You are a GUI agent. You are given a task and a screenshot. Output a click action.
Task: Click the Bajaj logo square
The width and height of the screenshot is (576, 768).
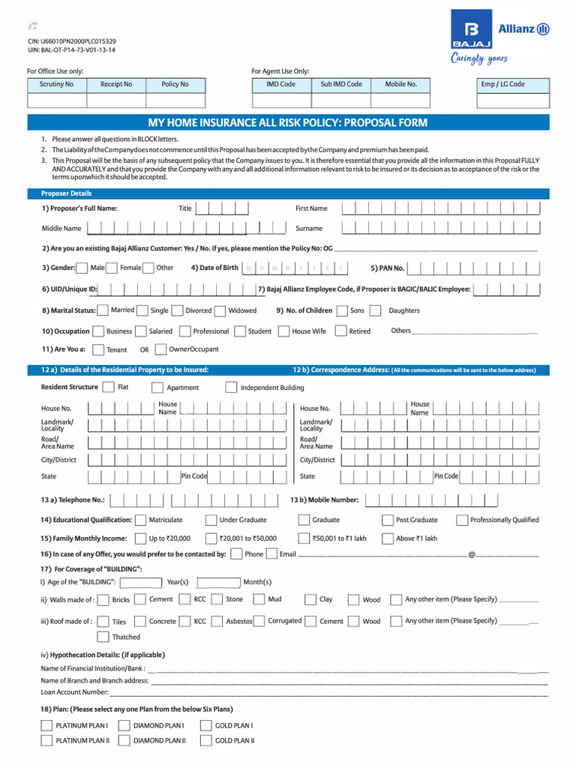(471, 30)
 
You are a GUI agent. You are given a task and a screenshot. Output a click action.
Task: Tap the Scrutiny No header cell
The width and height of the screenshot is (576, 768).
(56, 84)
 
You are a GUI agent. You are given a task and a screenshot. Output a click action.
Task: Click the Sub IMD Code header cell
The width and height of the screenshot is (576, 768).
(341, 84)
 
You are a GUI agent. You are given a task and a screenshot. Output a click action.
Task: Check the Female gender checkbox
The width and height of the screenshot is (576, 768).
(148, 268)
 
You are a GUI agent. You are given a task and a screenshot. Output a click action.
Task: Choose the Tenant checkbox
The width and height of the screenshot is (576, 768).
(98, 349)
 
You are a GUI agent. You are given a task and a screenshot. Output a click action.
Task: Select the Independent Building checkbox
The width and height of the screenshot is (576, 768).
(231, 388)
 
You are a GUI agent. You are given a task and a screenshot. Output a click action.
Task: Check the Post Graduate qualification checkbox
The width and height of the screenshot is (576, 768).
(387, 520)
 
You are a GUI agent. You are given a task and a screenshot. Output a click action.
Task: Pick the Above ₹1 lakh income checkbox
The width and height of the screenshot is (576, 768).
(387, 538)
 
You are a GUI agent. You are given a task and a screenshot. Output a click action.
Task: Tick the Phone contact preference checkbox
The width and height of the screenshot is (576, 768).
(236, 554)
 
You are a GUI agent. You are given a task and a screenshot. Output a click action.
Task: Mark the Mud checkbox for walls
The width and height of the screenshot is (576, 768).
(259, 599)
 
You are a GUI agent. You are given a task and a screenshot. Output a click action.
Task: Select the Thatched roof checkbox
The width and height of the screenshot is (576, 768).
(103, 637)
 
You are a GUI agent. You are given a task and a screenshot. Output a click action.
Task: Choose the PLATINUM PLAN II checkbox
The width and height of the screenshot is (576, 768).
(46, 740)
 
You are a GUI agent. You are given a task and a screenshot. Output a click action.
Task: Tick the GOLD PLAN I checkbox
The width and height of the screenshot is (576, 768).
(205, 725)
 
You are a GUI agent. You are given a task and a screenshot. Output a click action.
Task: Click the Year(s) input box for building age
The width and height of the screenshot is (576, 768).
(142, 582)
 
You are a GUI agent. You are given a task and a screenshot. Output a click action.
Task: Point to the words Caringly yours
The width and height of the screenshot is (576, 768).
(479, 58)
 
